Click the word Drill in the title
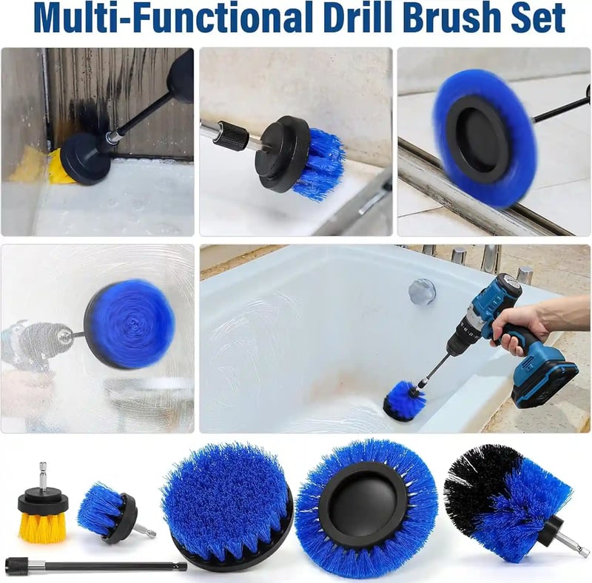click(x=358, y=18)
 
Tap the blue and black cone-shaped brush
click(x=514, y=499)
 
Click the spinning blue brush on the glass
click(x=129, y=325)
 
